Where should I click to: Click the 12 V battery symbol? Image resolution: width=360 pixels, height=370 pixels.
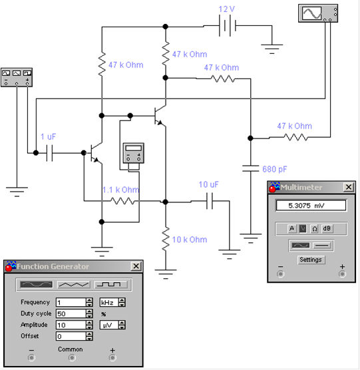[x=228, y=26]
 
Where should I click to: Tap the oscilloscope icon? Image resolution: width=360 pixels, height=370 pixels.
[x=318, y=13]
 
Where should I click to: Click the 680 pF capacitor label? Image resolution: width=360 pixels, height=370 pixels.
[x=275, y=169]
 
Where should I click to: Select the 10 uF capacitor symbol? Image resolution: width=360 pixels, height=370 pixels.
[x=210, y=201]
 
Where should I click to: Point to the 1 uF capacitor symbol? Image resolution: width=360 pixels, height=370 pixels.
[x=49, y=153]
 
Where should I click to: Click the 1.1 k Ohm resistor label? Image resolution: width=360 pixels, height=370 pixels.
[x=121, y=190]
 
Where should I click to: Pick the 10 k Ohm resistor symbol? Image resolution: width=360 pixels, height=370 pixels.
[x=166, y=238]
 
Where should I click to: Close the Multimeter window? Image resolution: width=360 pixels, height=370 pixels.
[x=349, y=187]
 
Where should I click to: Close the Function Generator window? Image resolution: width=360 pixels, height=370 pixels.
[x=136, y=266]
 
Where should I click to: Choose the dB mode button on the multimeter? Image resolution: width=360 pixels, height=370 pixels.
[x=327, y=228]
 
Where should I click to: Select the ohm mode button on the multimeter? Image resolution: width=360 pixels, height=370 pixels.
[x=315, y=228]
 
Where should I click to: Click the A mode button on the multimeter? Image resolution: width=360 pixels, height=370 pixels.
[x=292, y=228]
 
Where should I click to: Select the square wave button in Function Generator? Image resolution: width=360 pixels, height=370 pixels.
[x=111, y=285]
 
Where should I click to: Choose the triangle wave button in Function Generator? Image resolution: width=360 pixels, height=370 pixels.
[x=74, y=285]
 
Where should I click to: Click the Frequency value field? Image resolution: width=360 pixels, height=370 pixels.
[x=71, y=302]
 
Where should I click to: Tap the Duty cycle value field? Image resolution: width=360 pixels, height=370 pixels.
[x=71, y=313]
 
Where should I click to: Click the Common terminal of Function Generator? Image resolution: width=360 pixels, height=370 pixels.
[x=72, y=358]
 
